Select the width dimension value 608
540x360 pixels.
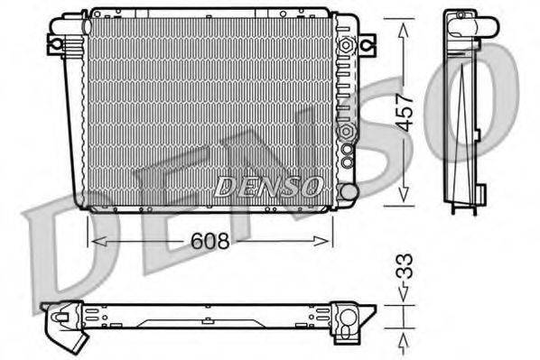209,241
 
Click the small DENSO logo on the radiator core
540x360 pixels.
268,186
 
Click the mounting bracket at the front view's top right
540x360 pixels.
366,42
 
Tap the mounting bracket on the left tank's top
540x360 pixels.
56,42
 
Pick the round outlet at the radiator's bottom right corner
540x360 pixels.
348,190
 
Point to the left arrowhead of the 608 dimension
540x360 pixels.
93,241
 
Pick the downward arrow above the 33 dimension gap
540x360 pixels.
404,294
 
